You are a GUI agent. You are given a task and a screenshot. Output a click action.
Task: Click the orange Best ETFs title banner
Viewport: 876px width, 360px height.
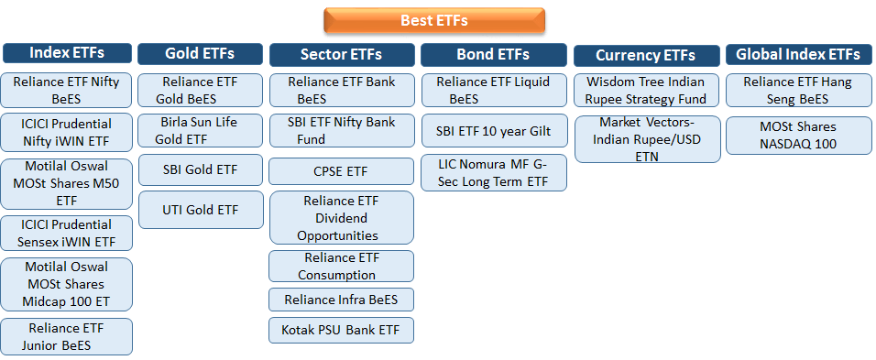(x=434, y=20)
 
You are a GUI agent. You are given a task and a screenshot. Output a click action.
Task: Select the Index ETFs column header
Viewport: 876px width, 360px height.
(x=67, y=52)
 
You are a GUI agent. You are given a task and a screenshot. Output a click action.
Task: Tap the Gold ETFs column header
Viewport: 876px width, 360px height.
(x=199, y=53)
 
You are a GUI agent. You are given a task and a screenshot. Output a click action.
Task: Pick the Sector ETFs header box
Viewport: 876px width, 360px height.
(x=341, y=54)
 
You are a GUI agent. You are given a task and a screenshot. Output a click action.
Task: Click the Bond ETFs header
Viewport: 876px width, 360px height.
(x=494, y=54)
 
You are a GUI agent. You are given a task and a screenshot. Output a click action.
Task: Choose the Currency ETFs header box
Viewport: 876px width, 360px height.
(x=645, y=55)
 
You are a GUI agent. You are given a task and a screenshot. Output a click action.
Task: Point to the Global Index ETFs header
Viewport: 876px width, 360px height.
(x=798, y=54)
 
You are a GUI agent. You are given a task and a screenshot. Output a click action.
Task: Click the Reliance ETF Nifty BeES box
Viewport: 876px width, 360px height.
(x=67, y=90)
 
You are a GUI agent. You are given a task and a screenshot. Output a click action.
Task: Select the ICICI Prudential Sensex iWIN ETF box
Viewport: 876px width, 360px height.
(x=67, y=233)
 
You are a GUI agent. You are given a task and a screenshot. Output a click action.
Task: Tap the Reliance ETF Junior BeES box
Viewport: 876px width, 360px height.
(x=67, y=336)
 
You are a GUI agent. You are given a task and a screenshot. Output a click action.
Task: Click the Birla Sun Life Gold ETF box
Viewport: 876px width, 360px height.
(x=199, y=130)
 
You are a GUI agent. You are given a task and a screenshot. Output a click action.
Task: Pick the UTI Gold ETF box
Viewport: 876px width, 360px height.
(x=199, y=210)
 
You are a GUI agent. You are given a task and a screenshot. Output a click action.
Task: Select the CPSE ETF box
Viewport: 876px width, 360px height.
(x=341, y=171)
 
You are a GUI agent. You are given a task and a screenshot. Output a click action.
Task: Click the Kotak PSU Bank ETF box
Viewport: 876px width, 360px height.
(x=341, y=330)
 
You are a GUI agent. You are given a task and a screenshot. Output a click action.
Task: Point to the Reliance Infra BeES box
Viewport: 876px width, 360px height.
(x=341, y=300)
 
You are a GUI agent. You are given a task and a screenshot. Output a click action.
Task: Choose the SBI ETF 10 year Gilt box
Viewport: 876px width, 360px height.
(x=494, y=131)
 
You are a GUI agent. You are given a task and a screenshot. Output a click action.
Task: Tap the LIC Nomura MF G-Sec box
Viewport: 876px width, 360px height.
(x=494, y=173)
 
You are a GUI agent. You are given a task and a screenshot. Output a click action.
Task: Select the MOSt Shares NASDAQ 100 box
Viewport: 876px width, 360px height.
(x=798, y=135)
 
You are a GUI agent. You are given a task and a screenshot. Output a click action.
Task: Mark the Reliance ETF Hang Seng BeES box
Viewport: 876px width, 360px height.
(x=798, y=90)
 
